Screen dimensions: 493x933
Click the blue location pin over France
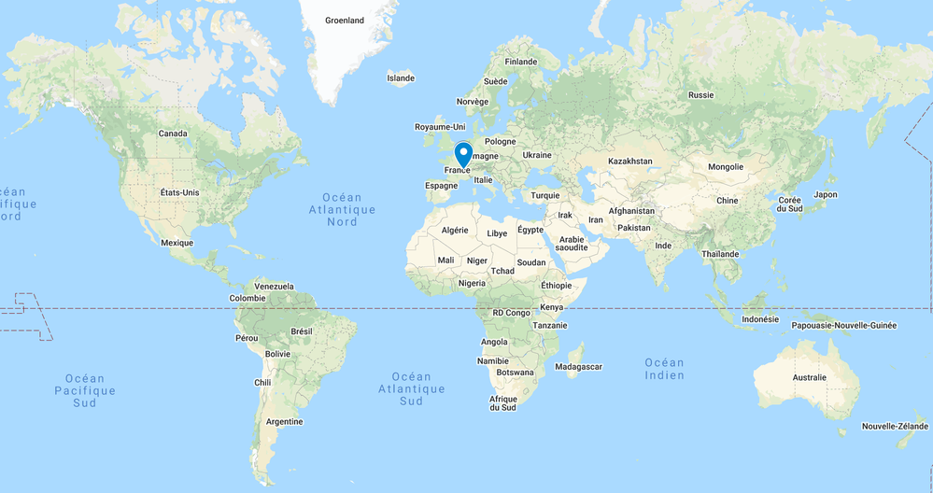[x=463, y=154]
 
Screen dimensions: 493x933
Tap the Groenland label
[x=344, y=20]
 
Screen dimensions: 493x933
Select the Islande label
[x=401, y=78]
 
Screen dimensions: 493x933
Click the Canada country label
[x=173, y=134]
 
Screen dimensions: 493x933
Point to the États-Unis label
[x=179, y=192]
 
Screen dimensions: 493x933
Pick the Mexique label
[x=177, y=243]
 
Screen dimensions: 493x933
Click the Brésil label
[x=302, y=331]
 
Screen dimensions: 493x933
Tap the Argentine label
[x=284, y=422]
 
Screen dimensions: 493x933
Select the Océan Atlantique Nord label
[x=342, y=210]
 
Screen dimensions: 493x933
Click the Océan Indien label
[x=664, y=368]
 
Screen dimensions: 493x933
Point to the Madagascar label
[x=578, y=367]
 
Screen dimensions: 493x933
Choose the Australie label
[x=809, y=377]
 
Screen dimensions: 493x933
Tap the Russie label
[x=700, y=95]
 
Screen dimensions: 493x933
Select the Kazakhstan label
[x=630, y=162]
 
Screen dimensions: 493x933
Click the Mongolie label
[x=726, y=167]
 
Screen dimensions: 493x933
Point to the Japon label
[x=826, y=195]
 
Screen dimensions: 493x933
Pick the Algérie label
[x=454, y=230]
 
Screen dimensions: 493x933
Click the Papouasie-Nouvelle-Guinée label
[x=843, y=326]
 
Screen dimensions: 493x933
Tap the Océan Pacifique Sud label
[x=85, y=390]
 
